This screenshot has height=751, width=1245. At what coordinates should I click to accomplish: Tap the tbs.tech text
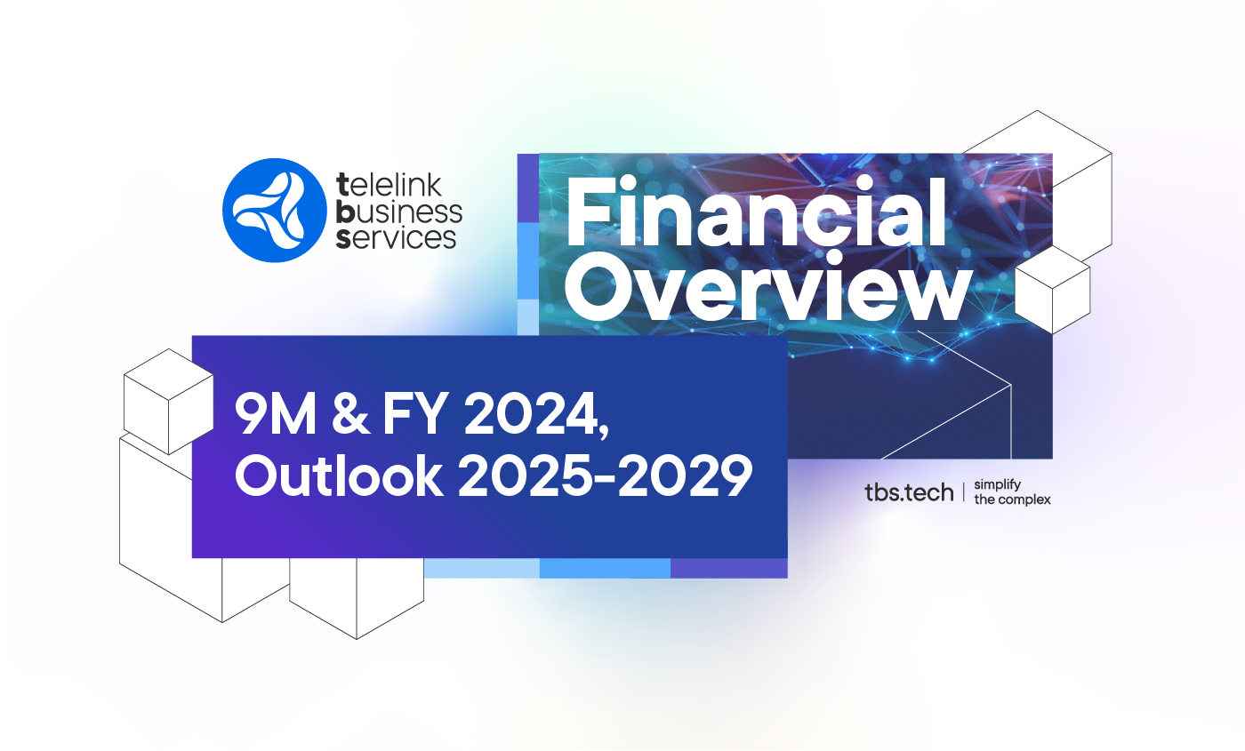coord(908,492)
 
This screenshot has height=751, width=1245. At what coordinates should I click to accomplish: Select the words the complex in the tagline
coord(1012,499)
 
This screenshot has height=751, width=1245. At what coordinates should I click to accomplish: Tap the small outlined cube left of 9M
coord(168,400)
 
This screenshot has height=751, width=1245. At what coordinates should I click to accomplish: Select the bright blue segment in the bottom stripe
coord(605,568)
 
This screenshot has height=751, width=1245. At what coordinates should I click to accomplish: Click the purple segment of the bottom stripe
coord(728,568)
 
